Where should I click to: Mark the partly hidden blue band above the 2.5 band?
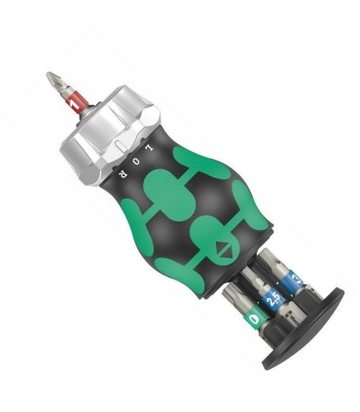[275, 281]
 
